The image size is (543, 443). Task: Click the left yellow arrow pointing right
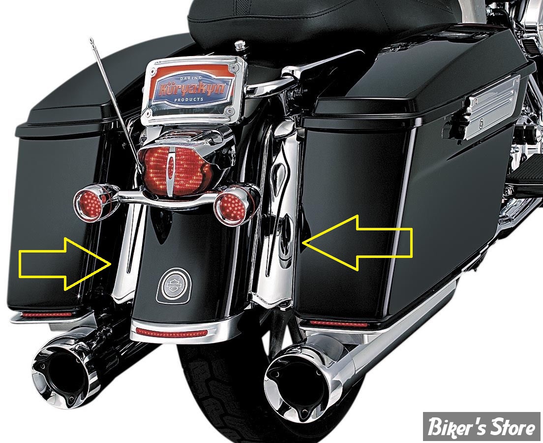click(x=66, y=263)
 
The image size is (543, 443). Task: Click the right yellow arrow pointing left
click(x=357, y=243)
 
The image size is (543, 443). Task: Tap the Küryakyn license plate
click(x=197, y=88)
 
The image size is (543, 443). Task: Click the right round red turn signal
click(x=231, y=206)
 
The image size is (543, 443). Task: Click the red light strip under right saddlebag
click(x=338, y=324)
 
